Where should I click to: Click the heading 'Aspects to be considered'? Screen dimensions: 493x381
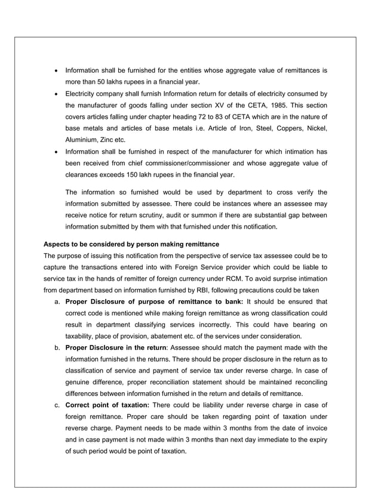[x=131, y=244]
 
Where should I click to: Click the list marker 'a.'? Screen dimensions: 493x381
[x=57, y=301]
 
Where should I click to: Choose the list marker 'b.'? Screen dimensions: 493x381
[x=57, y=347]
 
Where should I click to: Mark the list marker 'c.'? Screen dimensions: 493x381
[x=57, y=405]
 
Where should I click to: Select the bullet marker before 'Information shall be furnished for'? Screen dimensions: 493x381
[x=56, y=70]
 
